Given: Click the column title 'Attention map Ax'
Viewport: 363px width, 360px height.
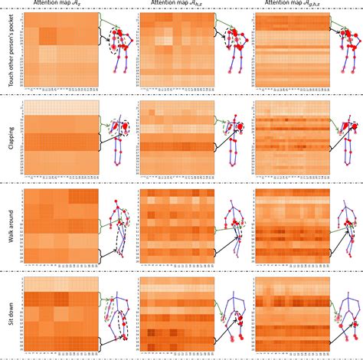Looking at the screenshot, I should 60,5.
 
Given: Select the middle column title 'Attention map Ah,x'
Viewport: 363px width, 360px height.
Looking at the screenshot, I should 177,5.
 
